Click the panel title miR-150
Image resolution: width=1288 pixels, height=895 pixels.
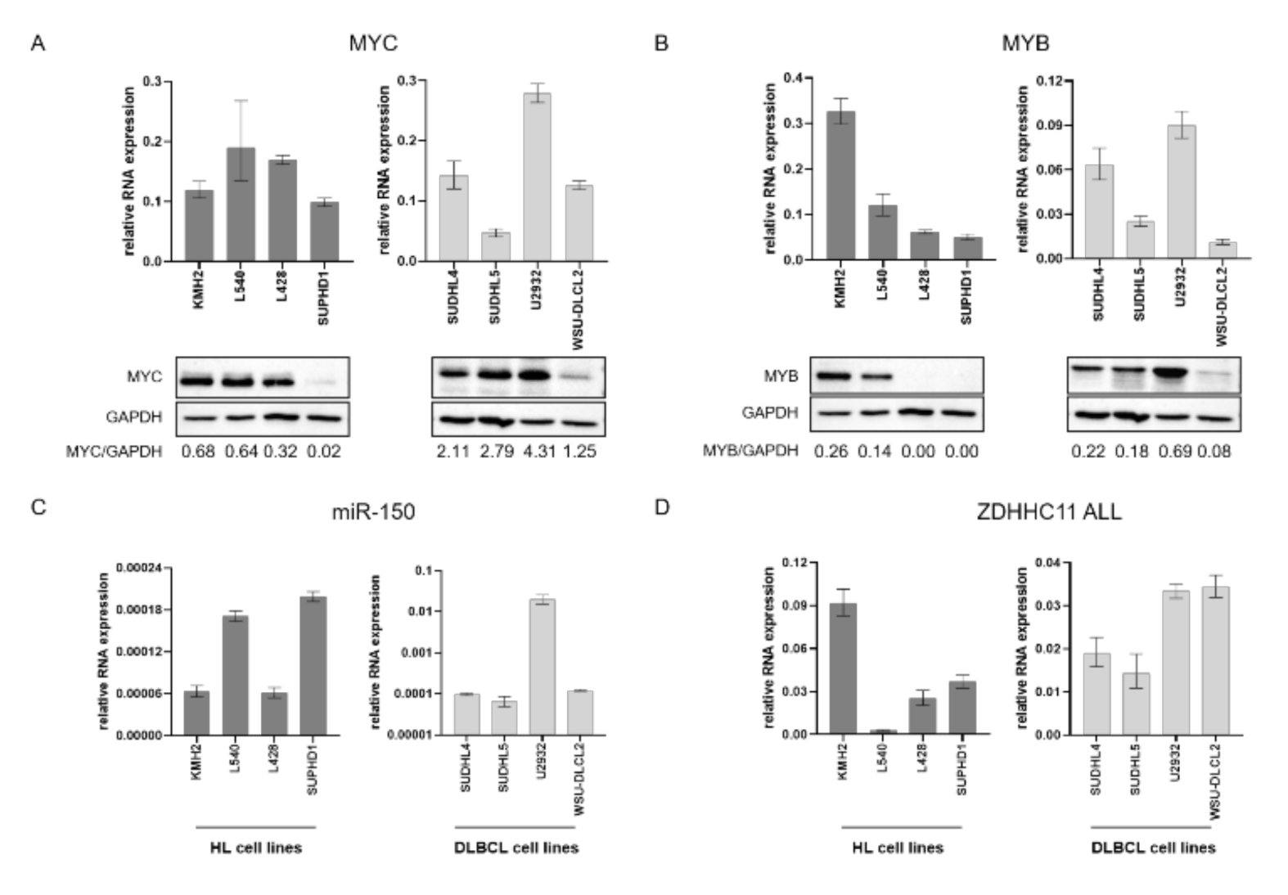pyautogui.click(x=373, y=512)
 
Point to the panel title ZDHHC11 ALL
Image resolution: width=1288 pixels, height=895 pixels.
pyautogui.click(x=1048, y=512)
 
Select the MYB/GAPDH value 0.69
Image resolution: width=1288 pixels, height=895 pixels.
pyautogui.click(x=1175, y=451)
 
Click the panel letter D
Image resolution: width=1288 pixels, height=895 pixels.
pyautogui.click(x=662, y=507)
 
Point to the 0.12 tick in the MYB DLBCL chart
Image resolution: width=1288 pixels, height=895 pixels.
pyautogui.click(x=1053, y=81)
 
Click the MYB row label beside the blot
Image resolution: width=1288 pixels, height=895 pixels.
pyautogui.click(x=781, y=376)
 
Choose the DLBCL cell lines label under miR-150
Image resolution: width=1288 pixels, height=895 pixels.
pyautogui.click(x=516, y=848)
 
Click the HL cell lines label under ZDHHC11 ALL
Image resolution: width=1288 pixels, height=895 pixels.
pyautogui.click(x=898, y=848)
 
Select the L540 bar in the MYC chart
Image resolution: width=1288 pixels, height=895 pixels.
pyautogui.click(x=241, y=205)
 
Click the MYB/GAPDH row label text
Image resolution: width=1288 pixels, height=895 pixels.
pyautogui.click(x=750, y=451)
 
